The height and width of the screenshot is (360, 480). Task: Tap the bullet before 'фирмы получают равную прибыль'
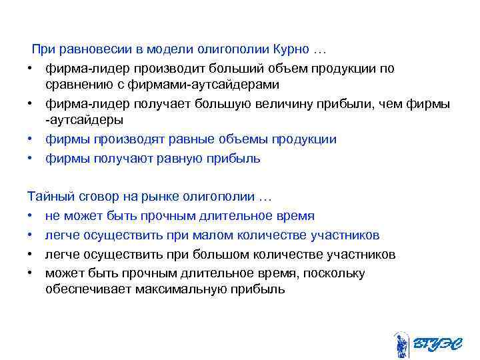31,159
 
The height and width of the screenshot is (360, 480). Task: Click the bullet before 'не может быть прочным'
31,216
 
